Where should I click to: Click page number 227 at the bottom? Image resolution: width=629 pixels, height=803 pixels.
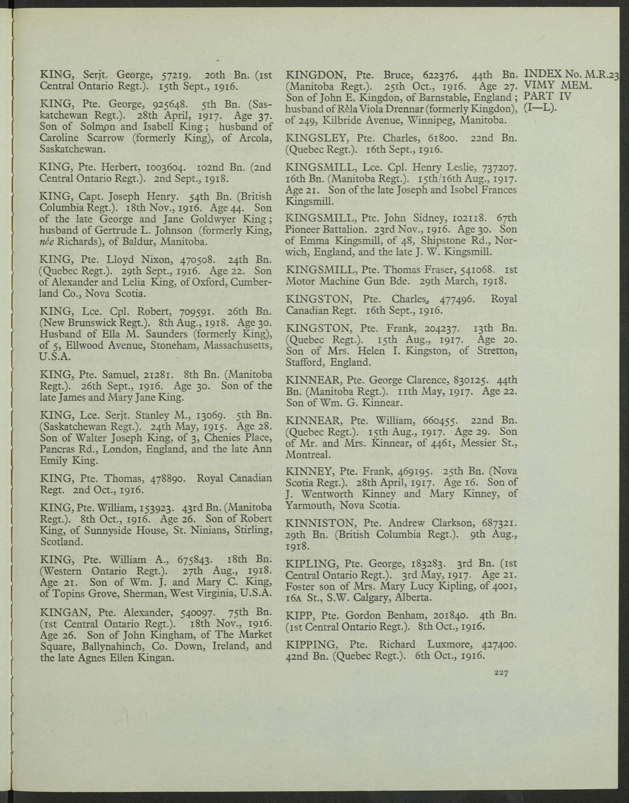point(501,672)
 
